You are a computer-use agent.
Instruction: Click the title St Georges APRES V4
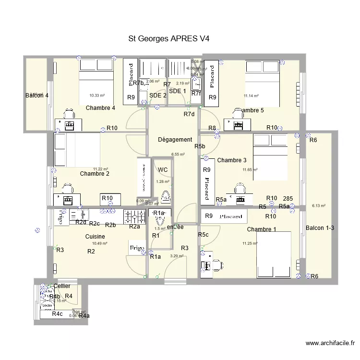(169, 38)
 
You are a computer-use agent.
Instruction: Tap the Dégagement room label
(175, 140)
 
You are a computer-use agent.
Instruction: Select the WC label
(162, 169)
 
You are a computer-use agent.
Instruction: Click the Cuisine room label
(95, 237)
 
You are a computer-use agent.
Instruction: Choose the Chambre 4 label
(100, 108)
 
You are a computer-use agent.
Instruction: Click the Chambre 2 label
(95, 174)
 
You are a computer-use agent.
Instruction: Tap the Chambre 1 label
(262, 229)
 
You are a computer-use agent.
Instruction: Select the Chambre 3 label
(232, 160)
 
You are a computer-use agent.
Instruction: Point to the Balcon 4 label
(37, 96)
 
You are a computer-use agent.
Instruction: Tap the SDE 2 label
(158, 95)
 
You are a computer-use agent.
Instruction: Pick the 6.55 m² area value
(178, 155)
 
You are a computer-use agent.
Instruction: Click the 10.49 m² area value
(100, 243)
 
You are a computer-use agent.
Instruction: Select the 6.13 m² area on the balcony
(319, 206)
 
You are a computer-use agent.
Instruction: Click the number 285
(288, 199)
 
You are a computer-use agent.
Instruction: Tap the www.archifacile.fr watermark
(330, 343)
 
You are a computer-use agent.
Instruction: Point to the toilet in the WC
(165, 196)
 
